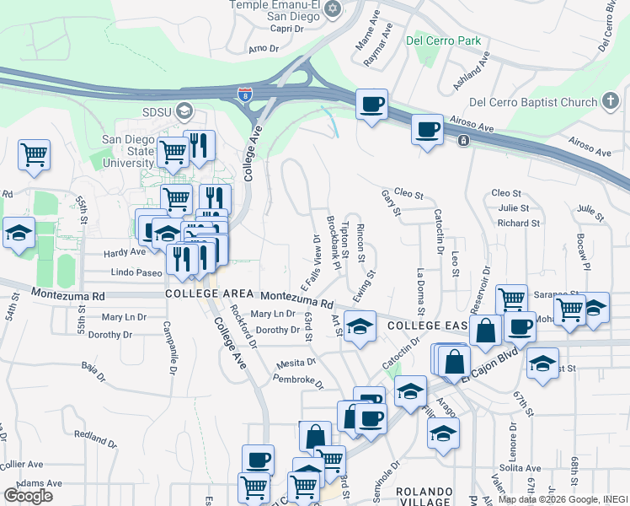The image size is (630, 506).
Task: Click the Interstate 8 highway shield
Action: click(244, 94)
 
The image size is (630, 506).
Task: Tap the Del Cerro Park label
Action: click(442, 40)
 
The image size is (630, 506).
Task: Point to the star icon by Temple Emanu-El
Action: click(333, 9)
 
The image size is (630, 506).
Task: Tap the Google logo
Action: click(28, 495)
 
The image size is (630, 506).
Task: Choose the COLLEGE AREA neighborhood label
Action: click(209, 293)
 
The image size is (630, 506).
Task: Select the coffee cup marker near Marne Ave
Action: click(371, 105)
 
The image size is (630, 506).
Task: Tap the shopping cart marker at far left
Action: click(35, 154)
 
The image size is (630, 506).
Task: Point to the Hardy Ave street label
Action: click(125, 251)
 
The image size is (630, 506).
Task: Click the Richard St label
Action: click(518, 223)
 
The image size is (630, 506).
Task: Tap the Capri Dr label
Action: click(287, 28)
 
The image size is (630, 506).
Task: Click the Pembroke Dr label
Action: click(299, 381)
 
